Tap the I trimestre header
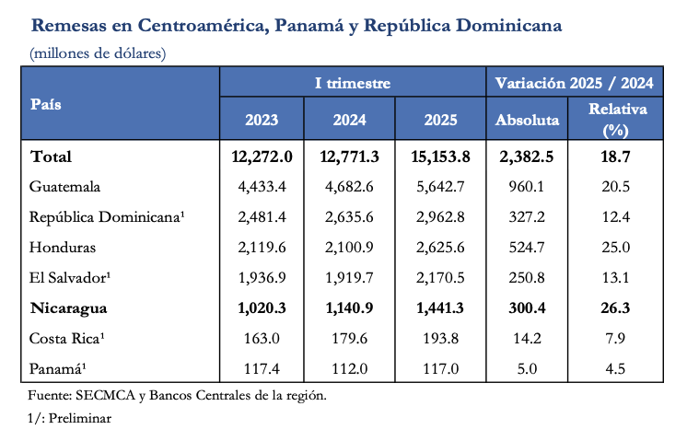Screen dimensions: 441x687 coord(353,83)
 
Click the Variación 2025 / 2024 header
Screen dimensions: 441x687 coord(575,83)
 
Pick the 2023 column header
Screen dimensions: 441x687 coord(262,120)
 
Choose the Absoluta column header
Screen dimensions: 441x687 coord(527,120)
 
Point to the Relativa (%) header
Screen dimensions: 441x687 coord(617,120)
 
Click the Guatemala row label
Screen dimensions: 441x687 coord(64,187)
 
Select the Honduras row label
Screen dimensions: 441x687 coord(63,247)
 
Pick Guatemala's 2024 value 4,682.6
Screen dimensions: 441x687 coord(351,187)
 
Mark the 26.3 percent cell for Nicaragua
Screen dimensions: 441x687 coord(616,307)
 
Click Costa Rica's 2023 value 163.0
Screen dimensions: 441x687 coord(262,337)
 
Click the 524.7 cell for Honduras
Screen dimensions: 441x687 coord(527,247)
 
